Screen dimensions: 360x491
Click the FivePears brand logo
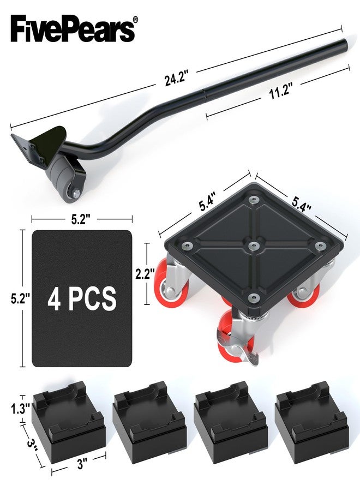(73, 29)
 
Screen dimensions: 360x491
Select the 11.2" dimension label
(280, 92)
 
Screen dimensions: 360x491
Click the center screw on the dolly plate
(254, 245)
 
